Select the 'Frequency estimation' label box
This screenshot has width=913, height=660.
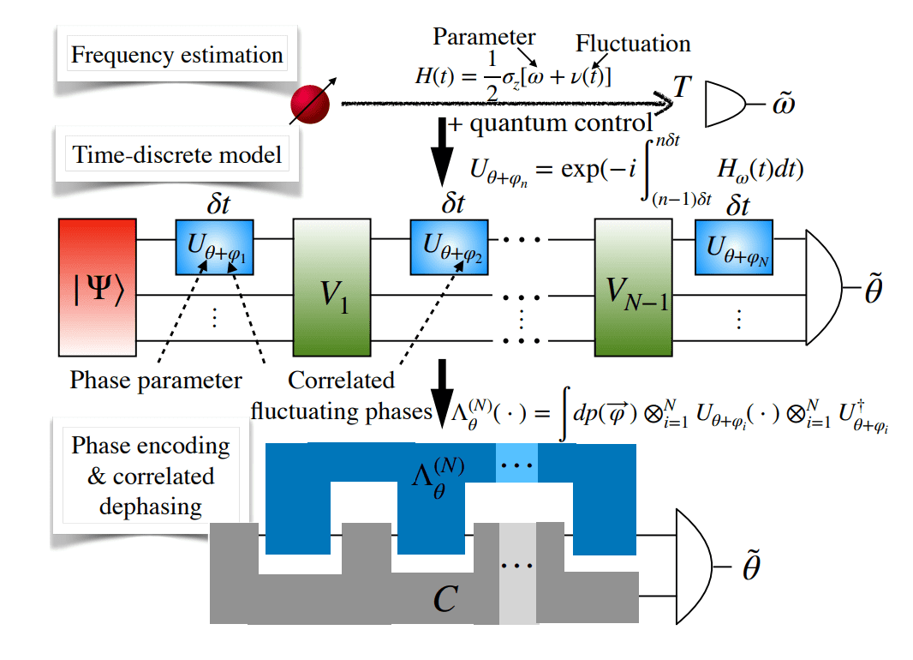pyautogui.click(x=176, y=57)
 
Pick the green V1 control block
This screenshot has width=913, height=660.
pyautogui.click(x=331, y=286)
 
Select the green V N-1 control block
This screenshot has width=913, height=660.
pyautogui.click(x=630, y=286)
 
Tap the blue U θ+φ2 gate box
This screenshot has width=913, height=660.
pyautogui.click(x=449, y=247)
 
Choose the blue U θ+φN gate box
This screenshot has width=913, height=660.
pyautogui.click(x=733, y=247)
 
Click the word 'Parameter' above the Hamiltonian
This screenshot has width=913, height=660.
pyautogui.click(x=484, y=37)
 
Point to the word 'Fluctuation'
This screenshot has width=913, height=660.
pyautogui.click(x=633, y=44)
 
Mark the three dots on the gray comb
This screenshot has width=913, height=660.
pyautogui.click(x=516, y=567)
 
